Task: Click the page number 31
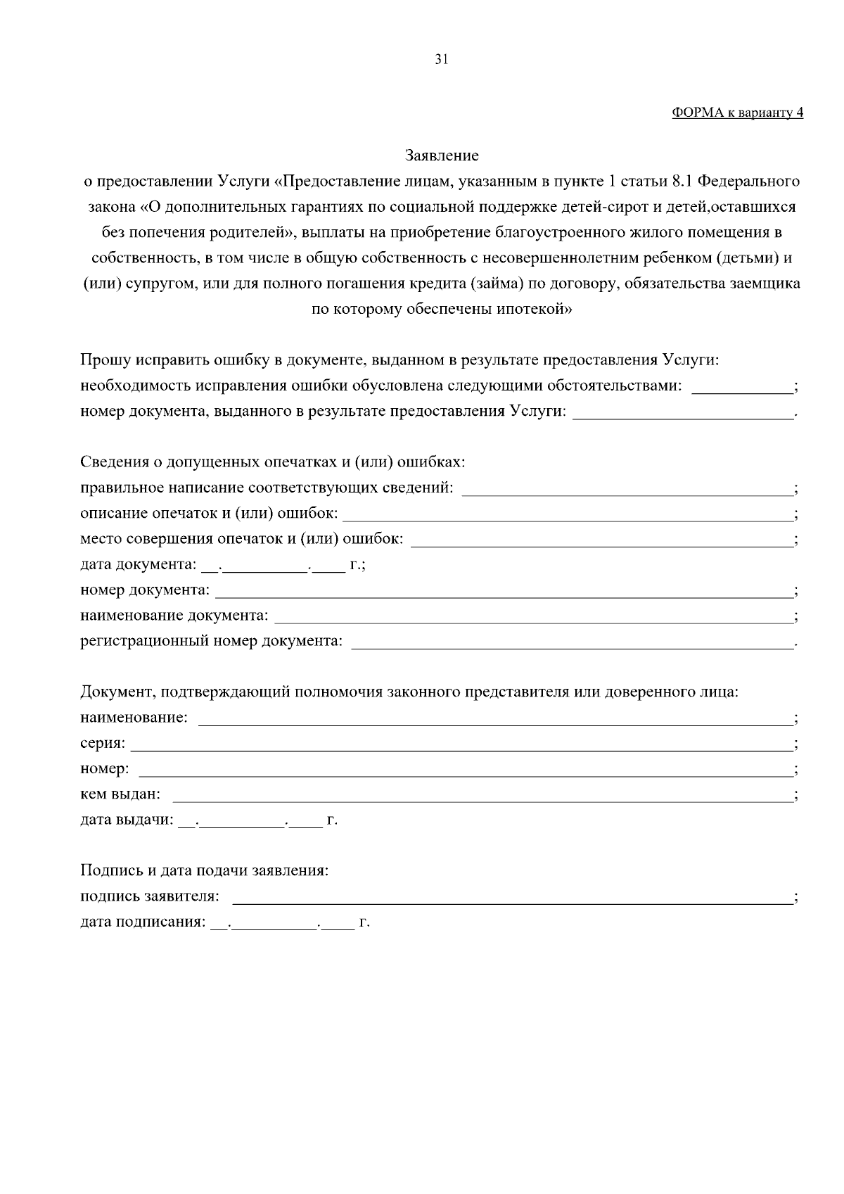442,59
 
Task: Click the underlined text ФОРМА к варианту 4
737,112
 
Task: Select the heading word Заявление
442,155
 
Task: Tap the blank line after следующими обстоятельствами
742,387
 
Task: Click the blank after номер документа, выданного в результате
682,412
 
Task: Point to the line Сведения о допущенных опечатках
273,462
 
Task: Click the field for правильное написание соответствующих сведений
626,489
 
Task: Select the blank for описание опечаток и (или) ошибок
566,515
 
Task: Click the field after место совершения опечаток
601,540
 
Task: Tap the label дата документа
138,565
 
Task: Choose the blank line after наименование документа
532,617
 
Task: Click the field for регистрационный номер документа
571,642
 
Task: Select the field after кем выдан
482,796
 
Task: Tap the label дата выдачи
127,820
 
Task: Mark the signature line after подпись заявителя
511,898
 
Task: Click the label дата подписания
143,922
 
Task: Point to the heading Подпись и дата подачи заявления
205,871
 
